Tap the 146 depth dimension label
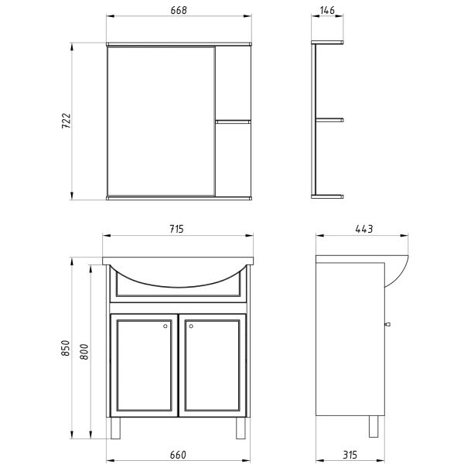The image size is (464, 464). point(327,9)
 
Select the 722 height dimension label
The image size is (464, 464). point(66,121)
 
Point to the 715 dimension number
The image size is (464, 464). point(178,228)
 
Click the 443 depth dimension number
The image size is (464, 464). point(363,228)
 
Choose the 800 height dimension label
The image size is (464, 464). point(84,353)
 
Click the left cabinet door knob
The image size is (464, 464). point(166,326)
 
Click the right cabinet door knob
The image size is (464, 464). point(192,326)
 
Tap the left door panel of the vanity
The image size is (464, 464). point(144,365)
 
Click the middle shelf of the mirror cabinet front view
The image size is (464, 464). point(233,121)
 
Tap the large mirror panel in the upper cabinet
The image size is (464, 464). point(160,121)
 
